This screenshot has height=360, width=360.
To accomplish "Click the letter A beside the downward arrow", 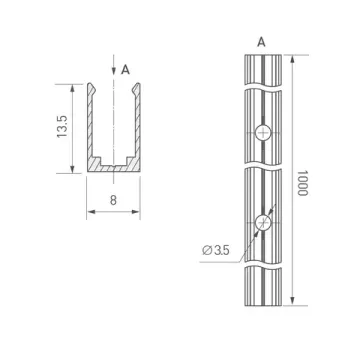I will [x=125, y=70].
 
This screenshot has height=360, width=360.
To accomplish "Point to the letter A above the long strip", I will [x=260, y=42].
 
